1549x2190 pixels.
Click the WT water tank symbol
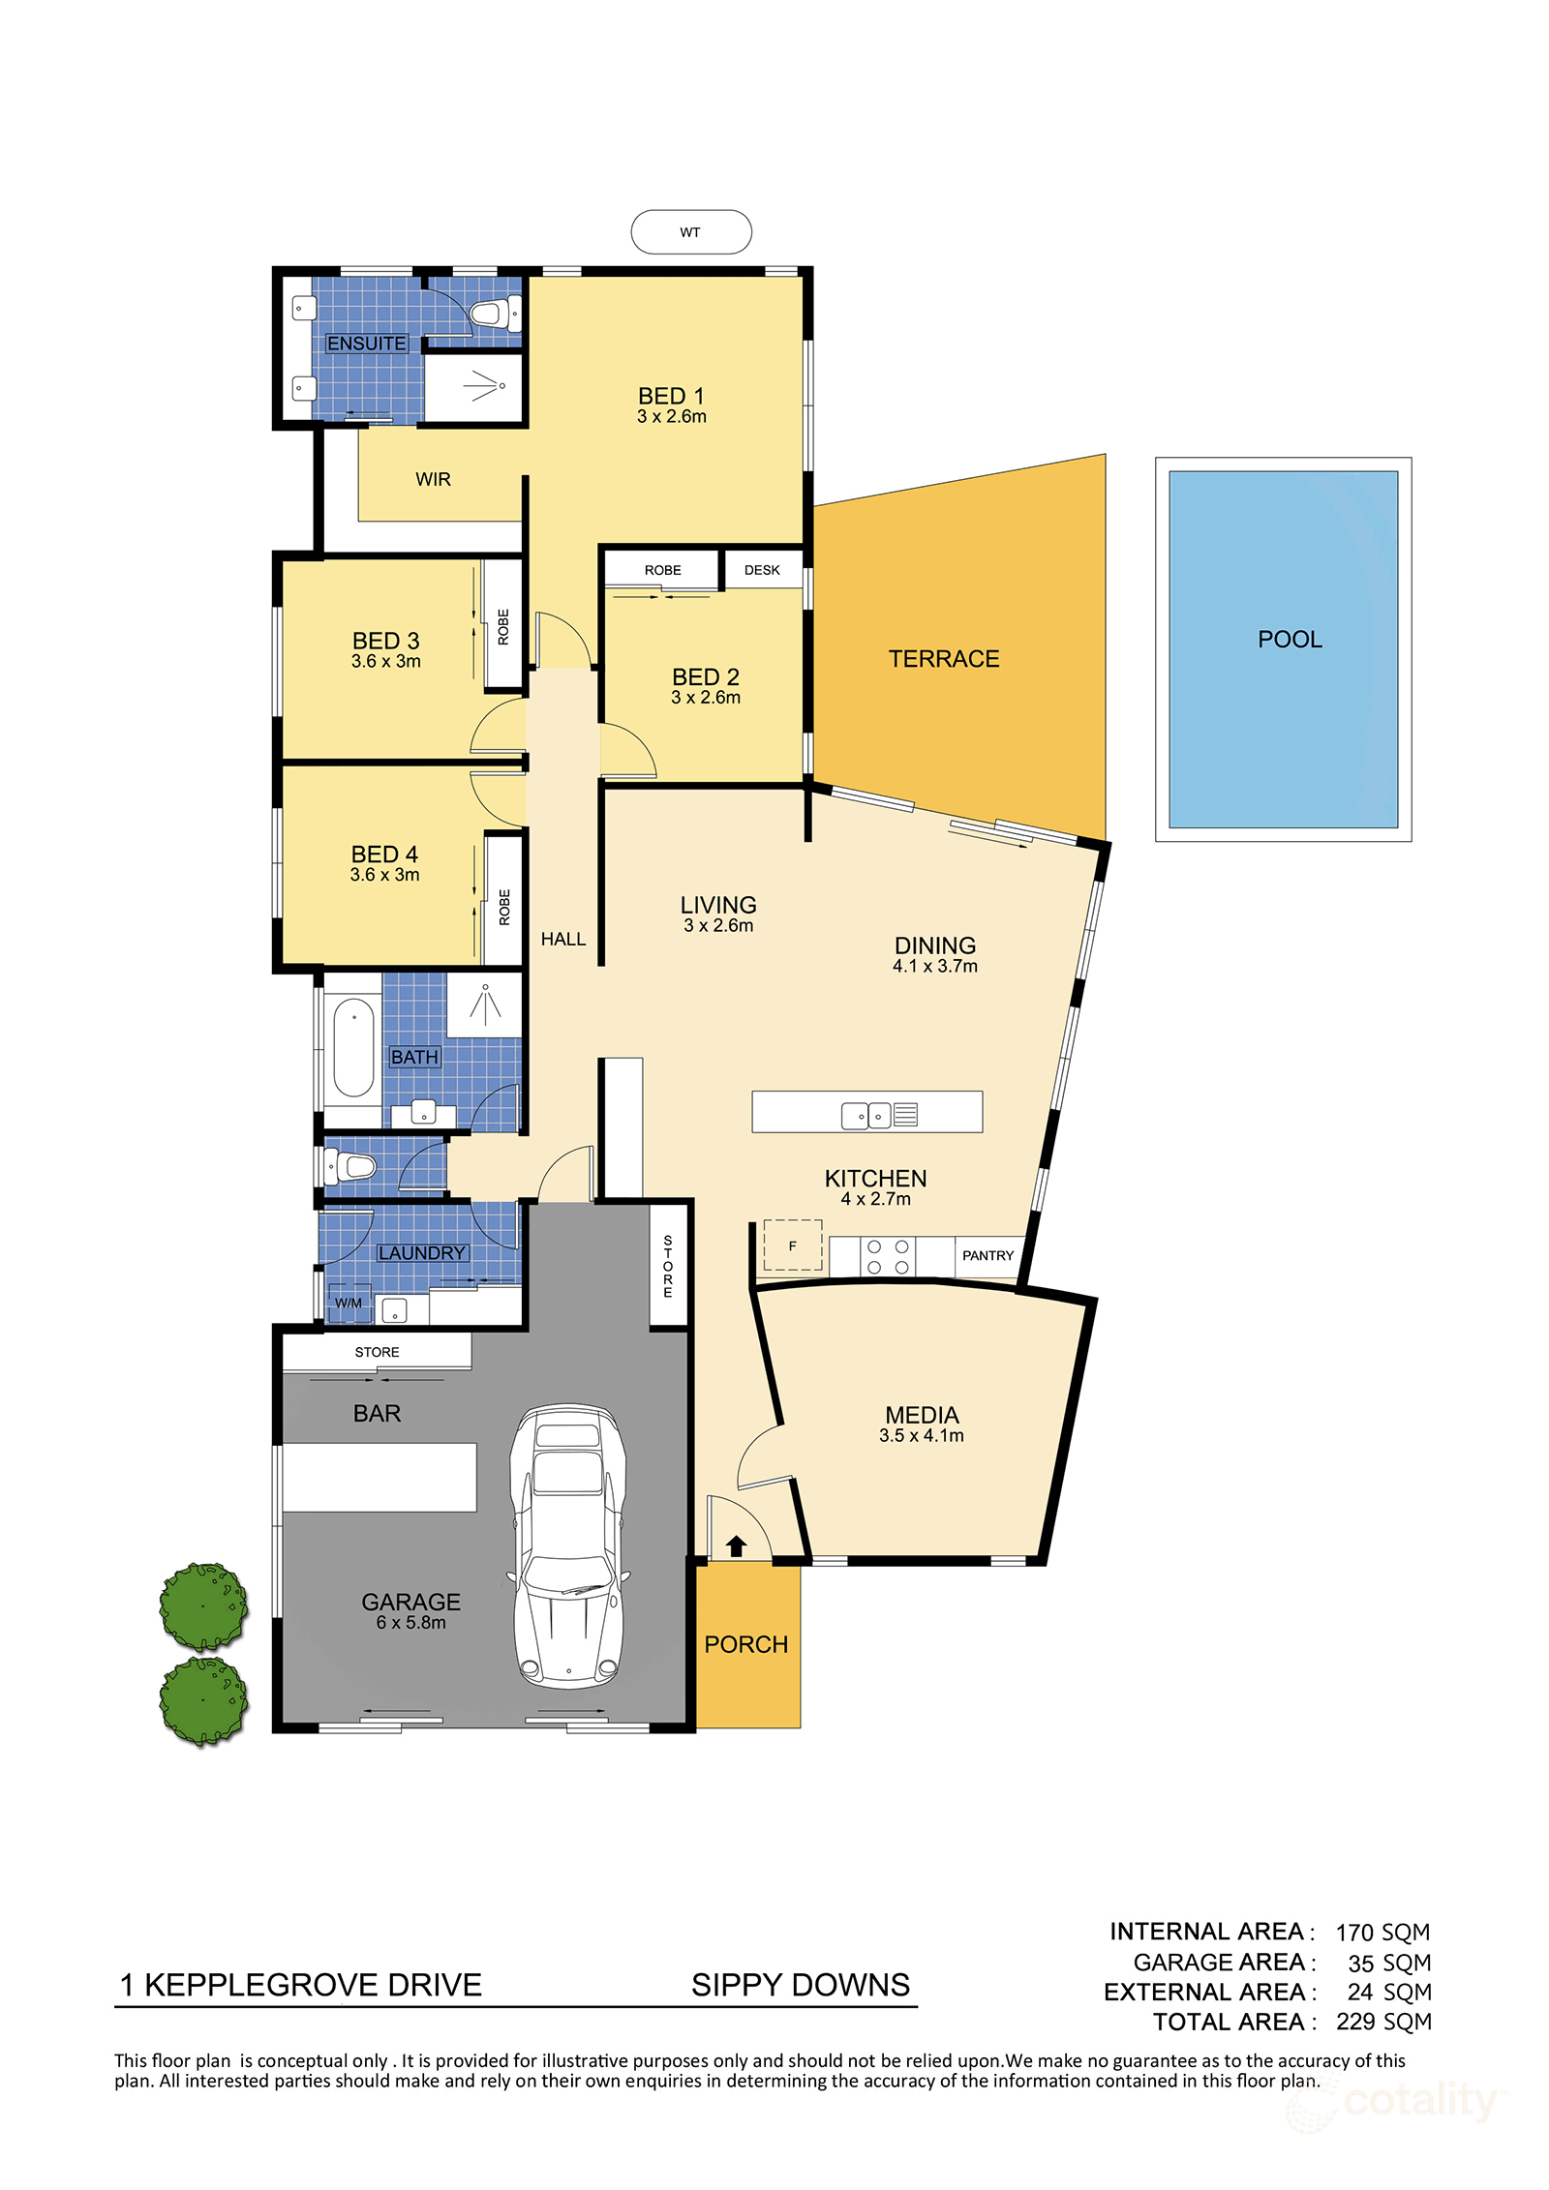tap(690, 232)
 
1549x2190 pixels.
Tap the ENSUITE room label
tap(366, 344)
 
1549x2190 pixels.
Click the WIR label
tap(433, 479)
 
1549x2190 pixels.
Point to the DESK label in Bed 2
tap(762, 570)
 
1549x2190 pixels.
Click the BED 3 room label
tap(385, 641)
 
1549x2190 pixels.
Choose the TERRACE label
tap(944, 659)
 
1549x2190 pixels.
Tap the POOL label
tap(1290, 640)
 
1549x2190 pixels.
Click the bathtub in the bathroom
tap(353, 1048)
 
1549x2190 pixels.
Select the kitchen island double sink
tap(866, 1116)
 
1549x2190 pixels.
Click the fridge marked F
tap(793, 1245)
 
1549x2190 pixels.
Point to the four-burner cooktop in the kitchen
tap(888, 1257)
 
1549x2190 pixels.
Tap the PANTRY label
tap(987, 1255)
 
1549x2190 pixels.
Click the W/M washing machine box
tap(349, 1303)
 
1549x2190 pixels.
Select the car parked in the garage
tap(568, 1545)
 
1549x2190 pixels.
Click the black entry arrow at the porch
tap(736, 1545)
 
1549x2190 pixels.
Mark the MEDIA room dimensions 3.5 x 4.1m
tap(921, 1436)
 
